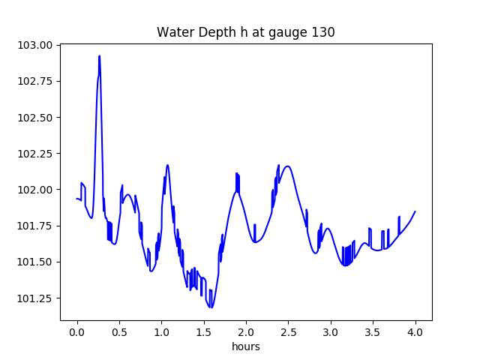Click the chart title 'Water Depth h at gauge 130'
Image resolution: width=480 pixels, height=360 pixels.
pyautogui.click(x=245, y=32)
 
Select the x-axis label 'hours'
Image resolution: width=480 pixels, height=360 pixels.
pyautogui.click(x=245, y=346)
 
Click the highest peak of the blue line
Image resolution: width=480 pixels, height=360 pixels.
pyautogui.click(x=99, y=56)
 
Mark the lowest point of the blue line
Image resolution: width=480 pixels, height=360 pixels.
pyautogui.click(x=211, y=307)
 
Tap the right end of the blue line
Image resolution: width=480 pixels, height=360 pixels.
pyautogui.click(x=415, y=211)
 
